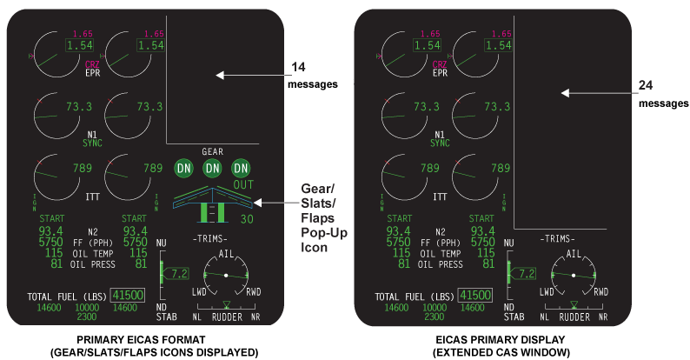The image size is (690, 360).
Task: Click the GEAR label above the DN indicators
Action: click(212, 150)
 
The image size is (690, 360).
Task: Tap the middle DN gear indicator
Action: click(212, 169)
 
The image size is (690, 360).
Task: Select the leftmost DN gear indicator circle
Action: click(183, 169)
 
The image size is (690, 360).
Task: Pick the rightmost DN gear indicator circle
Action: click(241, 169)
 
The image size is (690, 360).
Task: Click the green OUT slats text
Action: click(242, 184)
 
